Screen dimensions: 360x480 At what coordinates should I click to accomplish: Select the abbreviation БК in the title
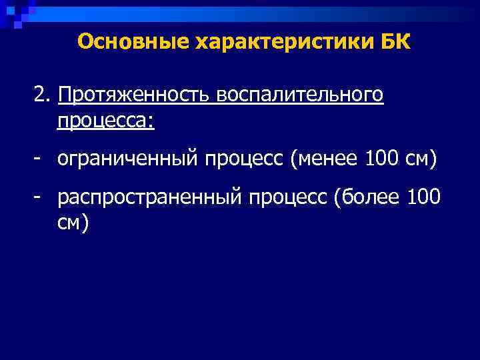[x=396, y=42]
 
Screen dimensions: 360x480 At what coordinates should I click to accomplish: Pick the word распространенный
[x=150, y=198]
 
